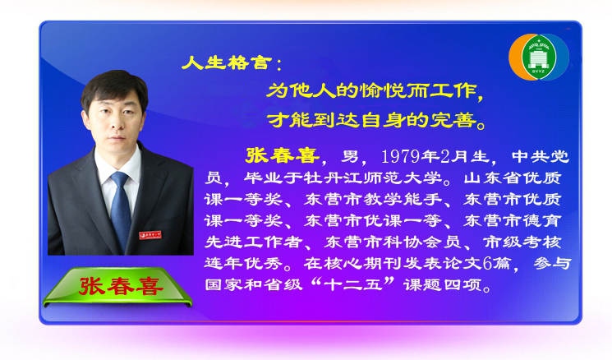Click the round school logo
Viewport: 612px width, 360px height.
tap(539, 57)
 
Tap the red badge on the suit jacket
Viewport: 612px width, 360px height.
tap(150, 235)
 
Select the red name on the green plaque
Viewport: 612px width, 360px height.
tap(121, 286)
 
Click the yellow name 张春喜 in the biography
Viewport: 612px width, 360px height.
tap(283, 155)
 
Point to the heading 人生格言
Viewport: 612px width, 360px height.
tap(227, 62)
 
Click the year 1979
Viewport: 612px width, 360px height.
tap(400, 156)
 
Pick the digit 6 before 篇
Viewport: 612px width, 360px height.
tap(487, 263)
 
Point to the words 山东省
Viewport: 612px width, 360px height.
tap(493, 178)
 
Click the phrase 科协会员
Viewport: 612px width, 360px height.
tap(403, 242)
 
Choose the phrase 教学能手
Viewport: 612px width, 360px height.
tap(403, 199)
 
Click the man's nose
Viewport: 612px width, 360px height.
tap(114, 124)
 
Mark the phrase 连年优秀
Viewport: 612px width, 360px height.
tap(244, 263)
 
